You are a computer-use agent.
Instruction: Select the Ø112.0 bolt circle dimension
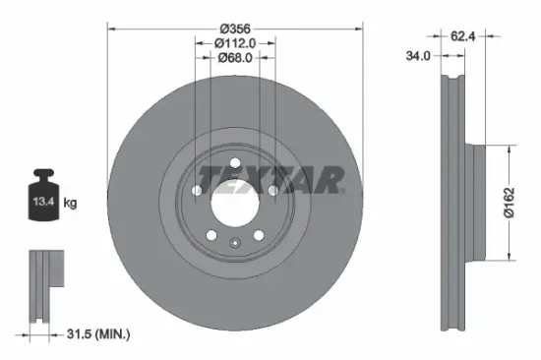coord(235,42)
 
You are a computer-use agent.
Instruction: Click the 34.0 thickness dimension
coord(419,56)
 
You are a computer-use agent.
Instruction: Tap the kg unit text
coord(70,205)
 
